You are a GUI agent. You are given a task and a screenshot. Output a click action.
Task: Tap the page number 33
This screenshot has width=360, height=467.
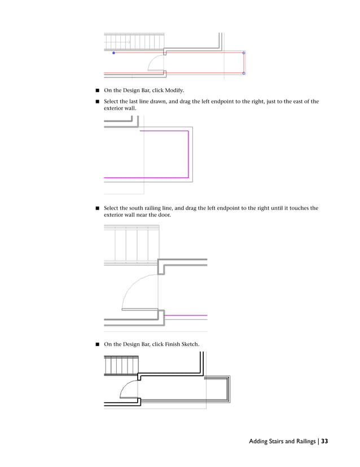tap(324, 442)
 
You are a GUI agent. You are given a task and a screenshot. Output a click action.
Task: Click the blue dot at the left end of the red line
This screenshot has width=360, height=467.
tap(113, 53)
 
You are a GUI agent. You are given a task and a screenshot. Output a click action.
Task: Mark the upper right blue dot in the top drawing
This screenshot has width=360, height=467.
tap(244, 53)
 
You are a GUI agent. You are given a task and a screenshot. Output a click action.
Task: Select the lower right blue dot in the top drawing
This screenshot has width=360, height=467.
tap(244, 73)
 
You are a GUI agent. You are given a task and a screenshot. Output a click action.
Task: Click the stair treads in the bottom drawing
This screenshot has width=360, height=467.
tap(121, 366)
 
